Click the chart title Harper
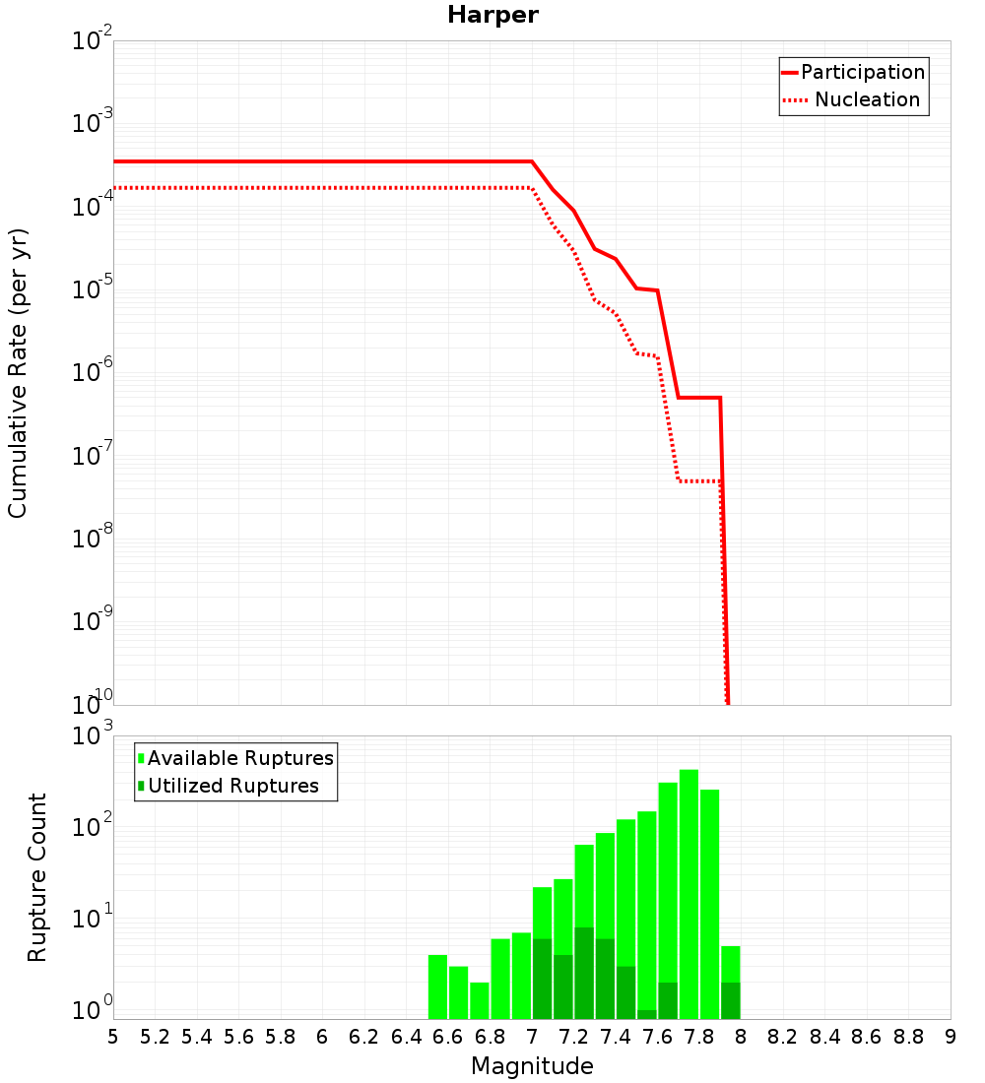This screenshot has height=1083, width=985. point(492,15)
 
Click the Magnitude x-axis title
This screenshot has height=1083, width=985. point(532,1066)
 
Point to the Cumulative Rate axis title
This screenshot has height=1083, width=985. point(18,373)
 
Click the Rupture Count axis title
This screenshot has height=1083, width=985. point(36,877)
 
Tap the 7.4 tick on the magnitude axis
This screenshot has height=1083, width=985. point(616,1037)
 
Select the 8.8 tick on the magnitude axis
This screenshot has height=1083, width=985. point(908,1037)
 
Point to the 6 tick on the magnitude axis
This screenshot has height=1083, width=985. point(322,1037)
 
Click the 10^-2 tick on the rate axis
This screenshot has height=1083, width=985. point(92,42)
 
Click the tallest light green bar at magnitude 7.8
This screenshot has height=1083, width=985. point(689,886)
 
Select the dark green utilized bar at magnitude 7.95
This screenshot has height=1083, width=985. point(730,1000)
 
